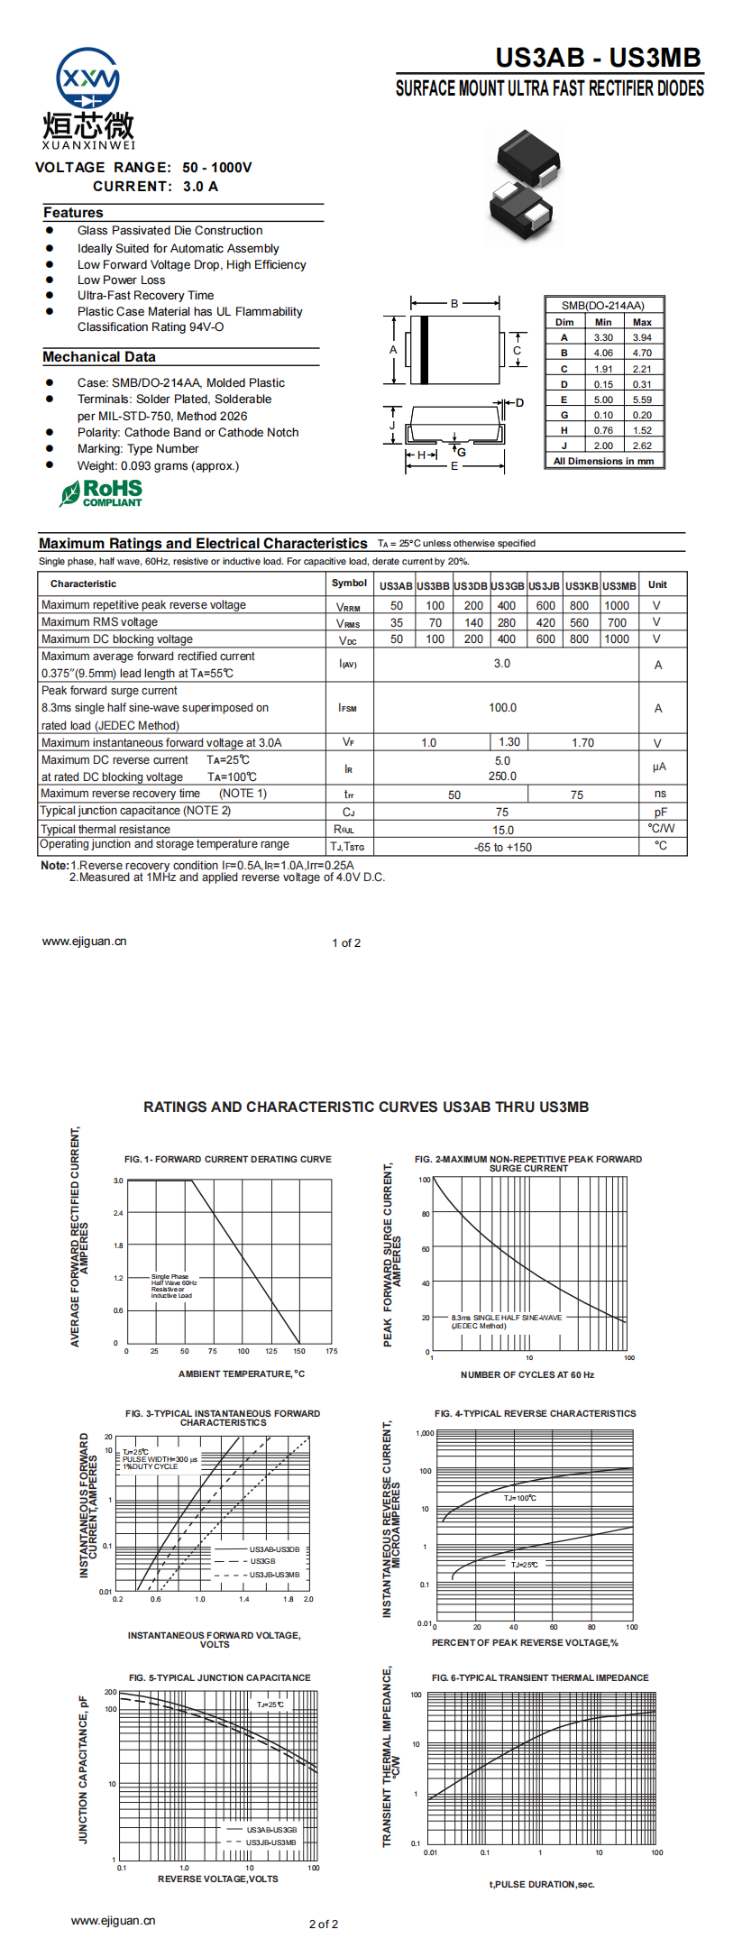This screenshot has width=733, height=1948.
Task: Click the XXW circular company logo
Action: [87, 79]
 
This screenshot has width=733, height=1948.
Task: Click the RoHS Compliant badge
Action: [101, 492]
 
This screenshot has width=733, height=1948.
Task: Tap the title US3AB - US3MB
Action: [598, 58]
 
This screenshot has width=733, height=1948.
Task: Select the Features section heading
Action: [73, 213]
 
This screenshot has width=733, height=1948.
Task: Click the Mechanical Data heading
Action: [99, 357]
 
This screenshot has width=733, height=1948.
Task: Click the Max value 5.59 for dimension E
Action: [642, 400]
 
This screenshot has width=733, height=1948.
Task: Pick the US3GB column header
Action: [508, 586]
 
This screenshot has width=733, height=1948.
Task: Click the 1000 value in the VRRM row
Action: [617, 606]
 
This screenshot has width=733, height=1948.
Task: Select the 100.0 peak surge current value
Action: [502, 708]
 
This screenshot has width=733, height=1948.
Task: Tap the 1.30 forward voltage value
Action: [509, 742]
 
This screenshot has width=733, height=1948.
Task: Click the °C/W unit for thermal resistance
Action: [660, 828]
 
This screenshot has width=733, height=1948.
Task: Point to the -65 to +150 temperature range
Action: [502, 848]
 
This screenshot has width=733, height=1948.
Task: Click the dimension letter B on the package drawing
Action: [454, 303]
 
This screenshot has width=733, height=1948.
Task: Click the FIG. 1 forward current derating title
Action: [227, 1160]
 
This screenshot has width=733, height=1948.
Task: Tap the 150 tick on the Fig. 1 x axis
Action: [299, 1351]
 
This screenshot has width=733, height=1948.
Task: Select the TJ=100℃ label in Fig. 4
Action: [519, 1498]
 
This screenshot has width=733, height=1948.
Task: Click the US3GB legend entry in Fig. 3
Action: [262, 1561]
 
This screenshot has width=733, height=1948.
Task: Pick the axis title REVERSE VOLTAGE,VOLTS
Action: [217, 1879]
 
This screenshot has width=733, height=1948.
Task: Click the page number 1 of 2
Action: [346, 943]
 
